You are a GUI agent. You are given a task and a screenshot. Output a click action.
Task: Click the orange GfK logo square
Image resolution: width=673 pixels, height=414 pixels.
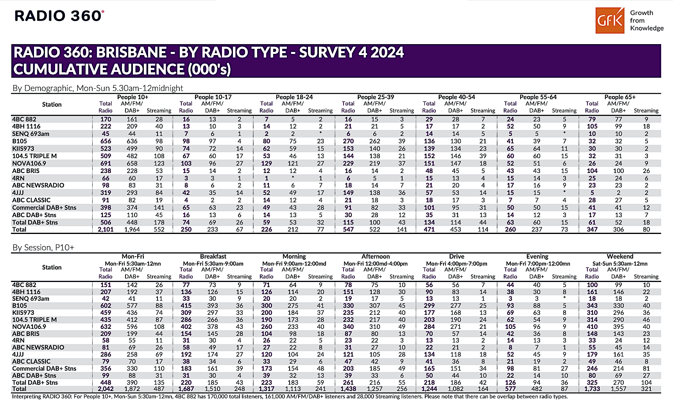tap(610, 20)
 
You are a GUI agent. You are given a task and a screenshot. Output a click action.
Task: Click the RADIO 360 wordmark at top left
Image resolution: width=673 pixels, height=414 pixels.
tap(59, 16)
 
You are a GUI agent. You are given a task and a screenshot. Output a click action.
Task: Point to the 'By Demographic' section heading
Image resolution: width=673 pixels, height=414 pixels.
tap(98, 88)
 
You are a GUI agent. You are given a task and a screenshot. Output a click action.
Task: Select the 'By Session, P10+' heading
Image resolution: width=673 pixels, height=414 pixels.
tap(43, 247)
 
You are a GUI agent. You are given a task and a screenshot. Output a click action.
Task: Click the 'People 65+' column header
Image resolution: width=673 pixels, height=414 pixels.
tap(620, 97)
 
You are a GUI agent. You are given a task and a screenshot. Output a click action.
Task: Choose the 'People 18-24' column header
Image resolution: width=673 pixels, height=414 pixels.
tap(294, 97)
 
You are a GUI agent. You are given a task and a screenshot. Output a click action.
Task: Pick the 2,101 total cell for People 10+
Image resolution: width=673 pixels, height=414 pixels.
tap(106, 229)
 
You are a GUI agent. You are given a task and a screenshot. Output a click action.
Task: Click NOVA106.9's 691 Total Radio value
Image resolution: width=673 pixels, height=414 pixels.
tap(106, 163)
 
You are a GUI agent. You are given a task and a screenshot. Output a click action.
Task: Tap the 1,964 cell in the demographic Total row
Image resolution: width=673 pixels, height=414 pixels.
tap(132, 229)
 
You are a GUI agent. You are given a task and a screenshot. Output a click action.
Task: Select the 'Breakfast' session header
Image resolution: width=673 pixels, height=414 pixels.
tap(213, 256)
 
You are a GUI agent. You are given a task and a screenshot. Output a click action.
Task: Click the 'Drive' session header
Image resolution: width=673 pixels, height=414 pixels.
tap(456, 256)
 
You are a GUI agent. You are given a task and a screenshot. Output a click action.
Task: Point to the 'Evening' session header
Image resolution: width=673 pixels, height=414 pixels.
tap(537, 256)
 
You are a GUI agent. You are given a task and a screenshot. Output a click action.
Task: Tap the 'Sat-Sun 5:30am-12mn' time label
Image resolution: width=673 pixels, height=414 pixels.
tap(620, 264)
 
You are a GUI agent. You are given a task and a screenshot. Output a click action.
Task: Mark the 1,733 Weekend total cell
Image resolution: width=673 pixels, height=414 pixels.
tap(592, 389)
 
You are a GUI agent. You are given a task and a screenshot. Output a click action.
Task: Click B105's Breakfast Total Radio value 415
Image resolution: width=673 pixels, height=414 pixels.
tap(186, 305)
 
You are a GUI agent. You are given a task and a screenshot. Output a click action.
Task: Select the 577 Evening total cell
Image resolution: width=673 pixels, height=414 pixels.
tap(510, 389)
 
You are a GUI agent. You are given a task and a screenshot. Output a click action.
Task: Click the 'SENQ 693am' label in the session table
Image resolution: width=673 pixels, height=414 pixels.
tap(31, 298)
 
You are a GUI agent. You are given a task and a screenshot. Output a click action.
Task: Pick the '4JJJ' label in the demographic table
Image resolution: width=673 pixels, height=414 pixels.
tap(18, 193)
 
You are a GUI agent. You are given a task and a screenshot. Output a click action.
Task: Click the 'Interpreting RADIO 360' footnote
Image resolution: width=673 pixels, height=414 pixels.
tap(290, 396)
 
